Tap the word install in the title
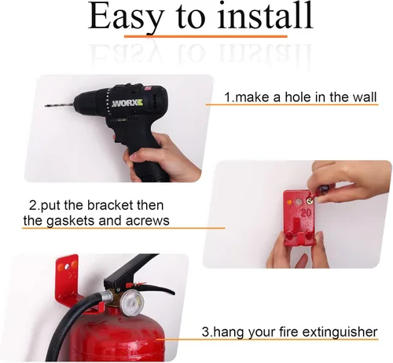click(x=265, y=15)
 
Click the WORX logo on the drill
click(x=127, y=103)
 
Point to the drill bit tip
click(x=46, y=105)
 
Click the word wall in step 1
click(x=365, y=97)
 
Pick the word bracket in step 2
click(x=110, y=205)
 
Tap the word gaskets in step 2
click(x=70, y=222)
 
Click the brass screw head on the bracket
click(x=310, y=201)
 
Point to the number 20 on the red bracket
click(x=306, y=212)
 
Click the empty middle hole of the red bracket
click(x=299, y=202)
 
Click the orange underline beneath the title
click(x=206, y=36)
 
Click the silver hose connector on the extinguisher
click(x=107, y=297)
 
